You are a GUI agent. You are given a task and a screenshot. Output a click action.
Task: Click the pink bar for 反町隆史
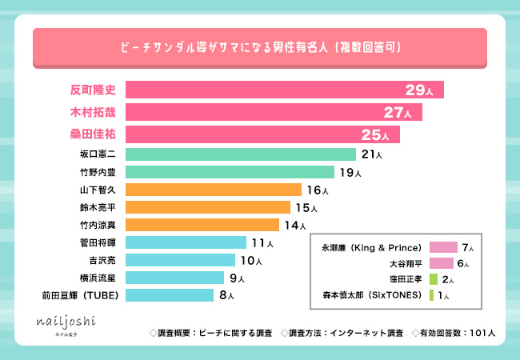coord(284,90)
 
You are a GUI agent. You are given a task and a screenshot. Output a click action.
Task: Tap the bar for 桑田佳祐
coord(262,134)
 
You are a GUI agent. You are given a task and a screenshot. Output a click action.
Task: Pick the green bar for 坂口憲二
coord(240,154)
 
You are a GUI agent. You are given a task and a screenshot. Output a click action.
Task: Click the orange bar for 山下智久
coord(213,190)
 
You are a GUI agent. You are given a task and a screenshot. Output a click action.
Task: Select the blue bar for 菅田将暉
coord(186,242)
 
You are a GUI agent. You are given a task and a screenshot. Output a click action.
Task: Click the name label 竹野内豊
coord(96,172)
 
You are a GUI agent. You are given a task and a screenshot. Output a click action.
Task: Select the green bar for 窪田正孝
coord(433,279)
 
